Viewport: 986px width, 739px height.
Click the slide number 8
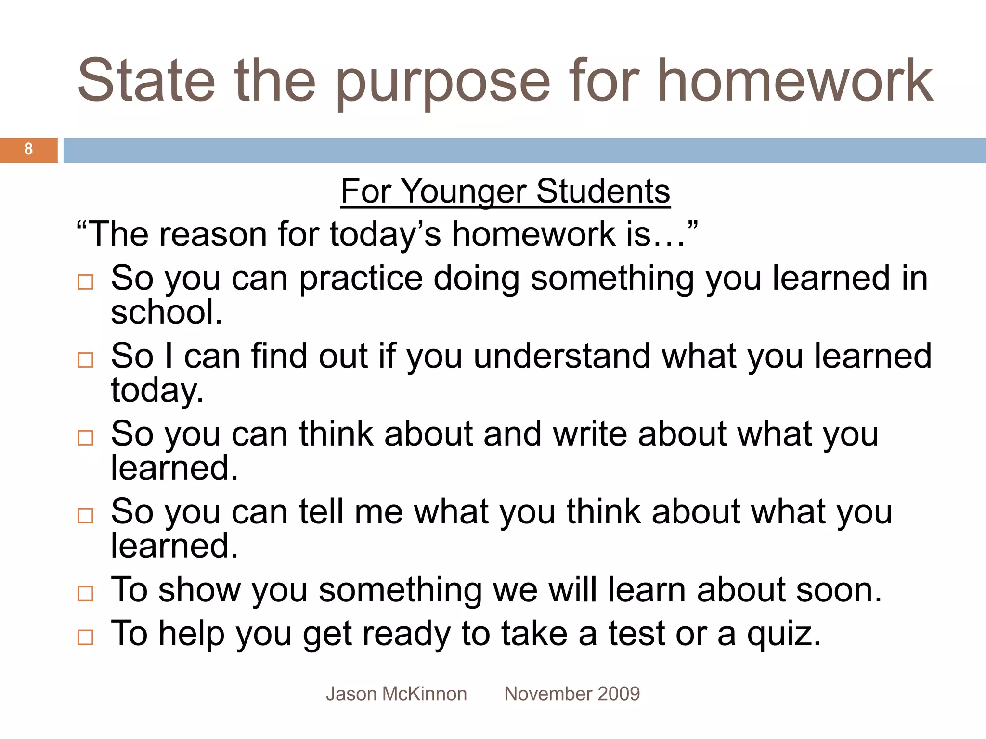(28, 149)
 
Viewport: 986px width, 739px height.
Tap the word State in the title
(146, 81)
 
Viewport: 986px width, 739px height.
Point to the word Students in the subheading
(603, 191)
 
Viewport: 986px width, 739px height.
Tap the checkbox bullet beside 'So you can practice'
(85, 282)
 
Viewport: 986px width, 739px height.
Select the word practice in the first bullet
(361, 280)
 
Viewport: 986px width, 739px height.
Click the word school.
(166, 312)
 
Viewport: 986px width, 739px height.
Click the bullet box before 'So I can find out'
(85, 360)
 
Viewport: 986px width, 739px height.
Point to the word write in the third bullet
(590, 434)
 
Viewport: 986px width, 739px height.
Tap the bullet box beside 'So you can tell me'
(85, 516)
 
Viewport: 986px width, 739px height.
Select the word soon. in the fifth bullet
(839, 590)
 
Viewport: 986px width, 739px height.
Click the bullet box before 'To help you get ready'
(85, 637)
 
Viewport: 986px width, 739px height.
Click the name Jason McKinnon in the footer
(396, 694)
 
